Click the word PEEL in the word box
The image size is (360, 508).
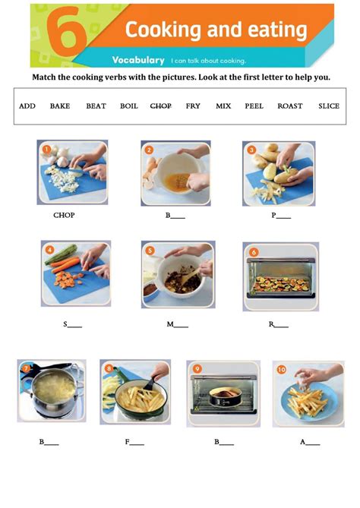tap(254, 106)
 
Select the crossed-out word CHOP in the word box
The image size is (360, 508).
tap(161, 106)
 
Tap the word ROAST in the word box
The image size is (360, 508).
tap(290, 106)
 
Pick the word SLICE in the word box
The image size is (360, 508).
tap(329, 106)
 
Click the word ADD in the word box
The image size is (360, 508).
tap(27, 106)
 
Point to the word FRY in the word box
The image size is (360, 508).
tap(193, 106)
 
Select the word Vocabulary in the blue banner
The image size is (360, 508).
tap(138, 60)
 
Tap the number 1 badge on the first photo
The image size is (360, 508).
tap(46, 149)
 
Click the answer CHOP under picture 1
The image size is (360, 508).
tap(64, 215)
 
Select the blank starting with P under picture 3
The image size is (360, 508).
tap(281, 215)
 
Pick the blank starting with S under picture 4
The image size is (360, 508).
tap(73, 324)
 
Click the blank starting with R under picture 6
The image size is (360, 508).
tap(279, 324)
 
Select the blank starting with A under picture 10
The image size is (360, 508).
tap(309, 441)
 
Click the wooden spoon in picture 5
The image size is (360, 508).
tap(191, 273)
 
